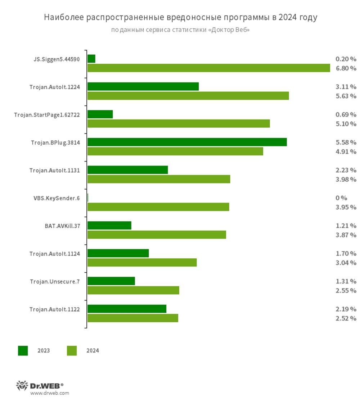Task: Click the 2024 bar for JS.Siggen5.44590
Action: pos(209,68)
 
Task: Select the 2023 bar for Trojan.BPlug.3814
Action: pos(187,142)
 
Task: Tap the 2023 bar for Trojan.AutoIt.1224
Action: pos(143,87)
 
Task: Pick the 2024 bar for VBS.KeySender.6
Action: pos(158,207)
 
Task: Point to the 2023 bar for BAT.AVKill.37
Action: pos(109,226)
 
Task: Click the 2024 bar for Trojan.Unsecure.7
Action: pos(133,290)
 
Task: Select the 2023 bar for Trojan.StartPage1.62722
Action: pos(100,114)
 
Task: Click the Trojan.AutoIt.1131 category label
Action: pos(55,170)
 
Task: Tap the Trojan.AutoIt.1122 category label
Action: pos(55,309)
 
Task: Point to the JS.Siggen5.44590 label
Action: pos(57,59)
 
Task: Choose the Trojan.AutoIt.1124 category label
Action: pos(55,254)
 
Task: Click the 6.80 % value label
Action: pos(346,68)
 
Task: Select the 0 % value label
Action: pos(341,198)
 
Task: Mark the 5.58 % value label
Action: pos(346,142)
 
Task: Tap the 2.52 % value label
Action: pos(346,318)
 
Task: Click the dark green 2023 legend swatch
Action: pos(23,351)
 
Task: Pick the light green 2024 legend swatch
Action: pos(72,351)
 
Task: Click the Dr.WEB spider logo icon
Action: pos(22,386)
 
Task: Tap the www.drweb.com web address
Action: pos(49,393)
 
